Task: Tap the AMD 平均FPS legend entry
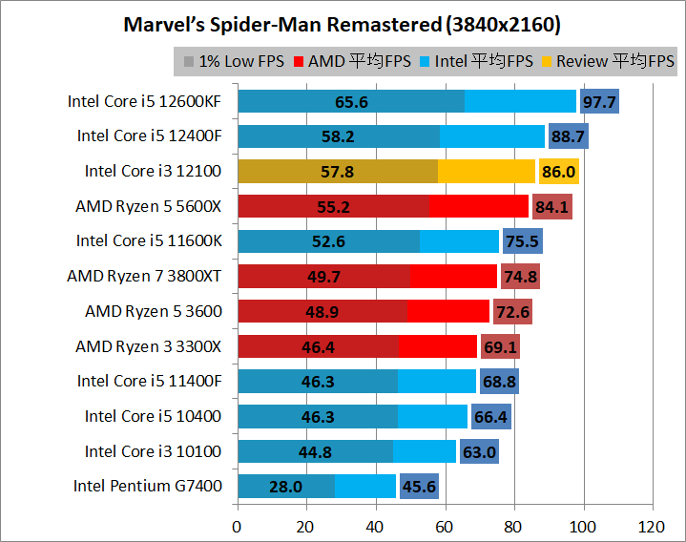(x=353, y=62)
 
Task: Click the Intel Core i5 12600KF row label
(x=145, y=101)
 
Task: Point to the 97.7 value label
(x=599, y=101)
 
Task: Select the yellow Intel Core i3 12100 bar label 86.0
(x=558, y=172)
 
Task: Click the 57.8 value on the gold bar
(x=337, y=172)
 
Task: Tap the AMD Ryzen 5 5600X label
(x=149, y=206)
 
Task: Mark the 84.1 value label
(x=552, y=206)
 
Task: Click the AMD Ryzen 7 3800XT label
(x=145, y=276)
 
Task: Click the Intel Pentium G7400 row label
(x=148, y=486)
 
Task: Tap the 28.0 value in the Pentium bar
(x=285, y=487)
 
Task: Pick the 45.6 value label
(x=419, y=487)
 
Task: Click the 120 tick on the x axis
(x=653, y=526)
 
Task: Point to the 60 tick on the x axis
(x=445, y=526)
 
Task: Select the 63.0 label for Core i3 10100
(x=479, y=451)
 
